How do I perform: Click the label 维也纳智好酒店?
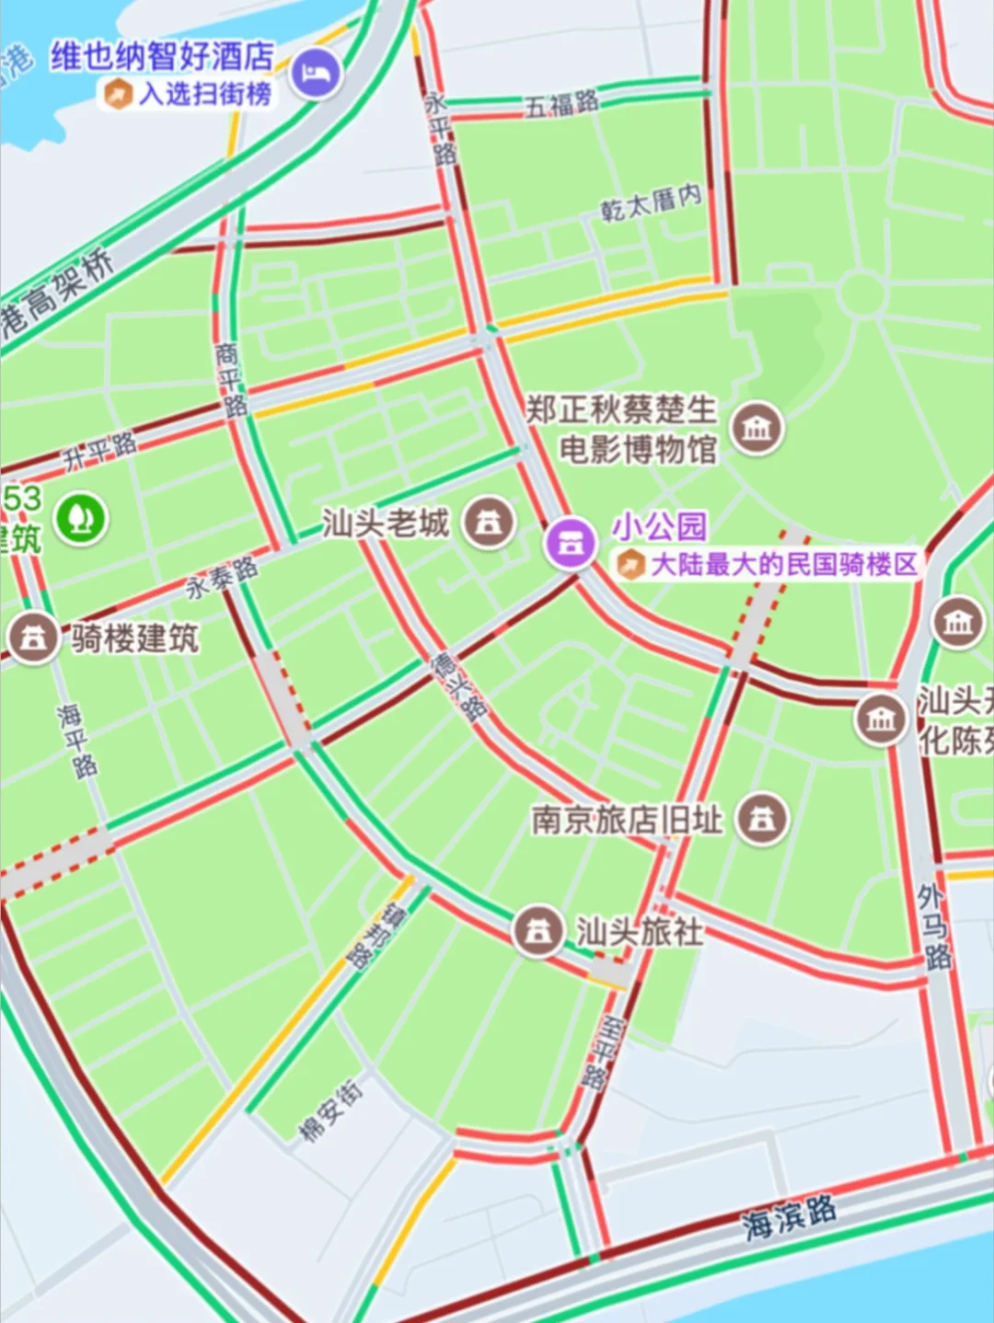162,56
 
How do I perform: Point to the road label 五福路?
561,103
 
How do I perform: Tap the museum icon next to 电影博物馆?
757,428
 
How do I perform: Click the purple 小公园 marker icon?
571,542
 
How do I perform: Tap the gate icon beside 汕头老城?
489,523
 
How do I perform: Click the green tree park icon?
82,518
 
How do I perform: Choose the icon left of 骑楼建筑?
34,637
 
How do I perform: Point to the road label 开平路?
99,451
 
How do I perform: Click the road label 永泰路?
222,578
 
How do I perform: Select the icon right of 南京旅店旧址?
761,819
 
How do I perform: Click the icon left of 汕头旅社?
538,931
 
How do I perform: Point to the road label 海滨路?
790,1216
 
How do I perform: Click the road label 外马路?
933,926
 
